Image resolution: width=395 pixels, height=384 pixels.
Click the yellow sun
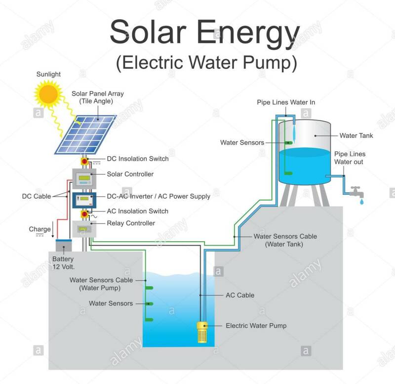[x=49, y=93]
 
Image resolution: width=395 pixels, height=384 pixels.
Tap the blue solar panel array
[x=85, y=134]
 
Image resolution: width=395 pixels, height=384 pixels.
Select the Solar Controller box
[x=83, y=177]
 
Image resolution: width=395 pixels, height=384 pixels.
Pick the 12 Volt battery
[x=64, y=245]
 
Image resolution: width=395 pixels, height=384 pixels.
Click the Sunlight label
[x=48, y=74]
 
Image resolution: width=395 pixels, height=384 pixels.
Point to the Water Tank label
[x=356, y=135]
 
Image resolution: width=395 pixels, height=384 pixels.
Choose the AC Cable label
[x=240, y=295]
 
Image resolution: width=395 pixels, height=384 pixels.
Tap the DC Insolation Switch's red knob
[x=84, y=162]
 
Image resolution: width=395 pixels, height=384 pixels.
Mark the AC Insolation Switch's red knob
[x=84, y=214]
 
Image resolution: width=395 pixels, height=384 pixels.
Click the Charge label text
[x=39, y=229]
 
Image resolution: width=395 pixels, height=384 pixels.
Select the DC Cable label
[x=36, y=196]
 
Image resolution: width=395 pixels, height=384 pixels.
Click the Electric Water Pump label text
[x=256, y=326]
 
